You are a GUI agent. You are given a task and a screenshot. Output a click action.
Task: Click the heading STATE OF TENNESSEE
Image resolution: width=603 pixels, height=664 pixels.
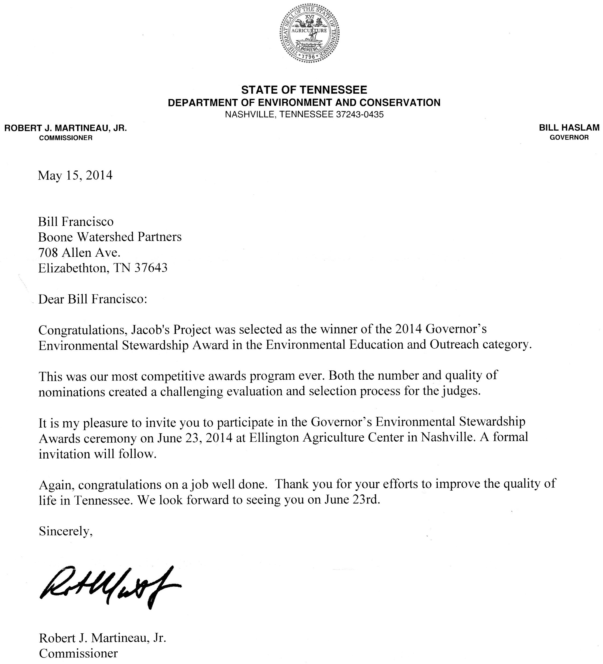(x=304, y=90)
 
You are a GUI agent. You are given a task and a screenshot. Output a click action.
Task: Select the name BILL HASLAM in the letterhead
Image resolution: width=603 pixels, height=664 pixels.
(x=569, y=128)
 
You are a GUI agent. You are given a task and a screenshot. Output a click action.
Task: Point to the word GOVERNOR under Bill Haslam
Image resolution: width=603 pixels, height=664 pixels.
(x=569, y=138)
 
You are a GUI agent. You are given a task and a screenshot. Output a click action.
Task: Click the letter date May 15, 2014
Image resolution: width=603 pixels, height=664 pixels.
(x=75, y=175)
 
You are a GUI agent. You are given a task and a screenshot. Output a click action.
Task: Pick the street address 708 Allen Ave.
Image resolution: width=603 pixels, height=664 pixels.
(x=79, y=253)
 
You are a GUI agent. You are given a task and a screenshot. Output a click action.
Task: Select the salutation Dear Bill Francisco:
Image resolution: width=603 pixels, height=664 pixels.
(x=92, y=299)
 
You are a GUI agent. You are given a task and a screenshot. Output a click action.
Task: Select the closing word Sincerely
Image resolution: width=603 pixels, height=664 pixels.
(x=65, y=531)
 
